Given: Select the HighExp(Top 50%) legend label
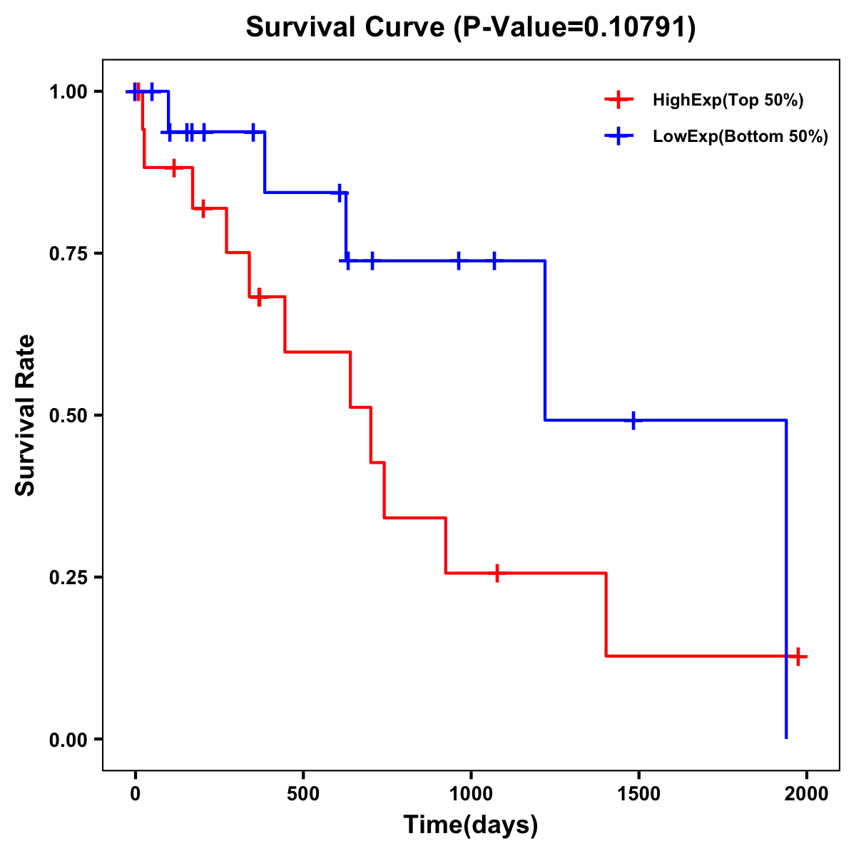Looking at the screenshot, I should [x=728, y=101].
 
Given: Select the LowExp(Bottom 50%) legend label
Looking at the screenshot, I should [x=740, y=137].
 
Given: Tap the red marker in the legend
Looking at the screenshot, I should [x=618, y=101].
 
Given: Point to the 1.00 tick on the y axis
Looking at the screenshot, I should [x=68, y=91].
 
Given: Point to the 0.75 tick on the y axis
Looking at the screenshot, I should [x=68, y=253].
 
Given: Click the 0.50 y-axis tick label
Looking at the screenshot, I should [x=68, y=415].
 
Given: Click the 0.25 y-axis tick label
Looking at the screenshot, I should [x=68, y=577].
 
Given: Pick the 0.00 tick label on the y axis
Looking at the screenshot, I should [x=68, y=739].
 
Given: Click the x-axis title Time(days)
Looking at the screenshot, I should [x=471, y=825].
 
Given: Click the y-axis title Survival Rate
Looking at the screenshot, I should [x=26, y=415].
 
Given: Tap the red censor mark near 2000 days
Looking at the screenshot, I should [x=798, y=656].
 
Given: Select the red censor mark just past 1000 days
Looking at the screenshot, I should [x=496, y=573].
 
